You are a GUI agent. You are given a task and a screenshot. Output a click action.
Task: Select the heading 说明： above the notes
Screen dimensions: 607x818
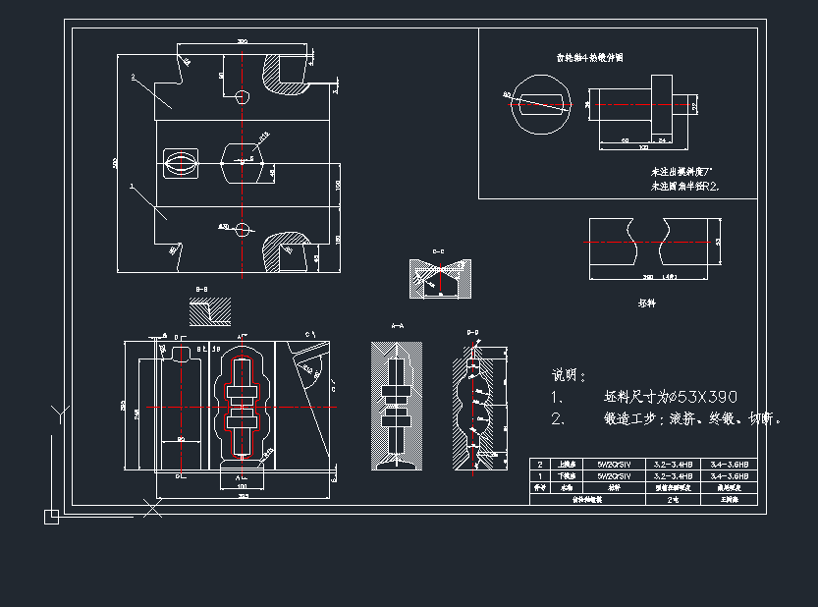coord(569,374)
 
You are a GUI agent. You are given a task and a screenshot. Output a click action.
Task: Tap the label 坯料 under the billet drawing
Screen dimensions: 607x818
coord(646,303)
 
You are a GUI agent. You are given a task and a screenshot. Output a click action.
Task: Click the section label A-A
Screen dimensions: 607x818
coord(397,324)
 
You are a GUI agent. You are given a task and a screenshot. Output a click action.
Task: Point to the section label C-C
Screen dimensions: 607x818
coord(439,252)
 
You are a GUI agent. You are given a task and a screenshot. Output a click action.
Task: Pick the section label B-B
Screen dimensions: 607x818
coord(201,289)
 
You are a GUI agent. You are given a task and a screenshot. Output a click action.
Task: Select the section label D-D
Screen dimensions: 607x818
coord(472,333)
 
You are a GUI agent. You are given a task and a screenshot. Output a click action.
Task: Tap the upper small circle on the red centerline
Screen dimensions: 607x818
coord(243,96)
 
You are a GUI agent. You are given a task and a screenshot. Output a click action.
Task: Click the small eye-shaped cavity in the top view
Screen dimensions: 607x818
coord(179,163)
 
